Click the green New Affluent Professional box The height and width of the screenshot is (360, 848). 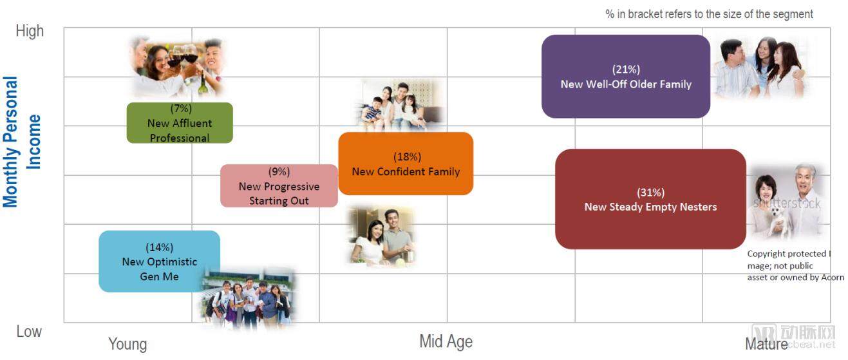180,122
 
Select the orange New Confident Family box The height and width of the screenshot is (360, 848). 406,164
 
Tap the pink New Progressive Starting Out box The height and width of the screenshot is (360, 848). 279,186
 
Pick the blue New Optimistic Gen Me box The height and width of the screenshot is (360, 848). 159,261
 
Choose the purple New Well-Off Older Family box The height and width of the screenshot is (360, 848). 626,77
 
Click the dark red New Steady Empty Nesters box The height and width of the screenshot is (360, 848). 650,199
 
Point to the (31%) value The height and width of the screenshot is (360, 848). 650,193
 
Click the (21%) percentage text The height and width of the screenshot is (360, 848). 626,70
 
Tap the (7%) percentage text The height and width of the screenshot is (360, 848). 181,109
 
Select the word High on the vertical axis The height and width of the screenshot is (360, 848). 30,31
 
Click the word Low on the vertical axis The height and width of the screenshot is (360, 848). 29,332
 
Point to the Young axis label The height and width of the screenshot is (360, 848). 127,344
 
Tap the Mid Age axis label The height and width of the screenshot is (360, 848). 446,341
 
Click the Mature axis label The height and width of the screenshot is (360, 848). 766,344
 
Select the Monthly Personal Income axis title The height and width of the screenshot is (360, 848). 21,142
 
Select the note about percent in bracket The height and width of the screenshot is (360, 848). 709,14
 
